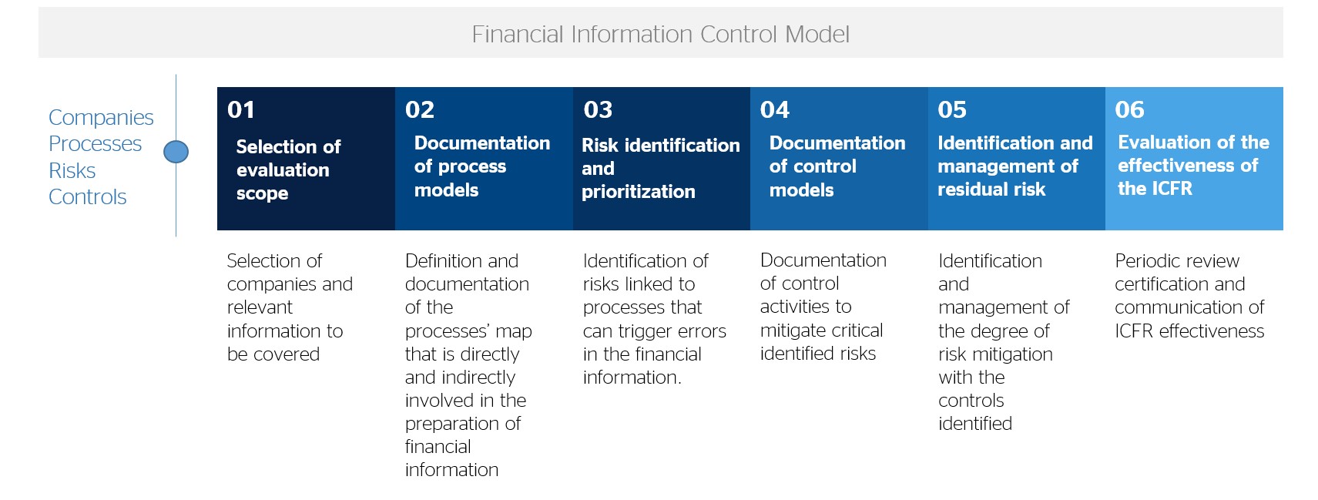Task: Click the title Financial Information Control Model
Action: coord(660,34)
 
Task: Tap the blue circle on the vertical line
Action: coord(176,152)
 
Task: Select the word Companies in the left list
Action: coord(101,118)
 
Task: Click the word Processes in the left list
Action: coord(95,143)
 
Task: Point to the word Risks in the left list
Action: coord(72,170)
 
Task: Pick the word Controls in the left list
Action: coord(87,196)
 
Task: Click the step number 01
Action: coord(241,109)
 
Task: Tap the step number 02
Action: coord(420,109)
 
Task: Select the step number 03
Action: coord(598,109)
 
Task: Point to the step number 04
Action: coord(774,109)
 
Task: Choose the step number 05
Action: coord(952,109)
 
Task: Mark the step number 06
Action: coord(1130,109)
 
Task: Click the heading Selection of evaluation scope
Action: coord(288,170)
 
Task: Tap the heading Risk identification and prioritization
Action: coord(661,168)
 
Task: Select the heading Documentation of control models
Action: coord(837,166)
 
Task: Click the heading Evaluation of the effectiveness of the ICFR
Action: coord(1193,166)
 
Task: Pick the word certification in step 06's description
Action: coord(1155,284)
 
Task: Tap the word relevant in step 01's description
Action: coord(260,307)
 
